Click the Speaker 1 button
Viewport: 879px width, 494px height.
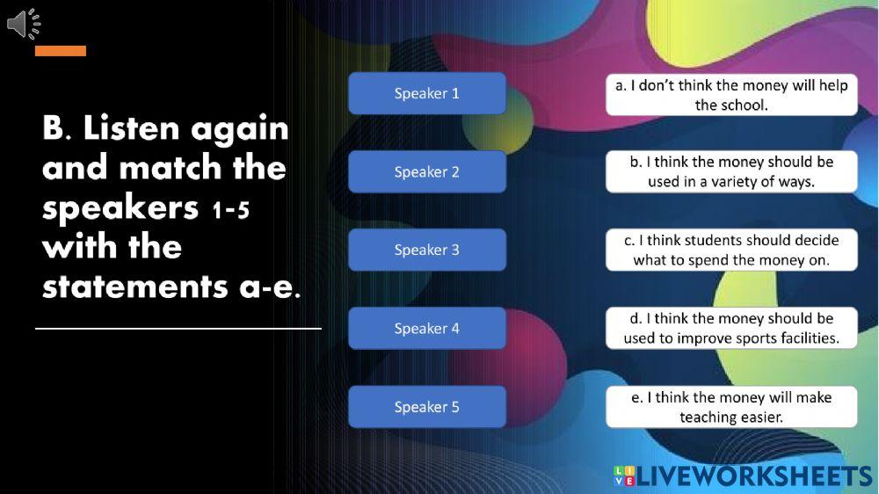coord(426,93)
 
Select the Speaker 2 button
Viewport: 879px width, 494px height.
coord(426,171)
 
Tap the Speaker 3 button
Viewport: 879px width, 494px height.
coord(426,250)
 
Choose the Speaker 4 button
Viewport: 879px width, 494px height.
coord(426,328)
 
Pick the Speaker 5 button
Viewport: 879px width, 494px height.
coord(426,406)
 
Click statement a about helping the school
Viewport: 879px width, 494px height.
coord(731,95)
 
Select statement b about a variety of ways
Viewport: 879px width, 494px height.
coord(731,171)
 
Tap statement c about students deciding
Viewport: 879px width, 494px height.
coord(731,250)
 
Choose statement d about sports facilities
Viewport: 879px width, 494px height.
coord(731,328)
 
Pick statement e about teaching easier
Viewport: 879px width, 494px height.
coord(731,406)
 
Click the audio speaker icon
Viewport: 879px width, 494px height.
coord(24,24)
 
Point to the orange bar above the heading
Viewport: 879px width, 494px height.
coord(61,51)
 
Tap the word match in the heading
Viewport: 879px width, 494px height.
coord(166,168)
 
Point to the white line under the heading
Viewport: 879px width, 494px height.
coord(178,329)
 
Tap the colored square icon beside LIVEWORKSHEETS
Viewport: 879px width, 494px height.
coord(624,476)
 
